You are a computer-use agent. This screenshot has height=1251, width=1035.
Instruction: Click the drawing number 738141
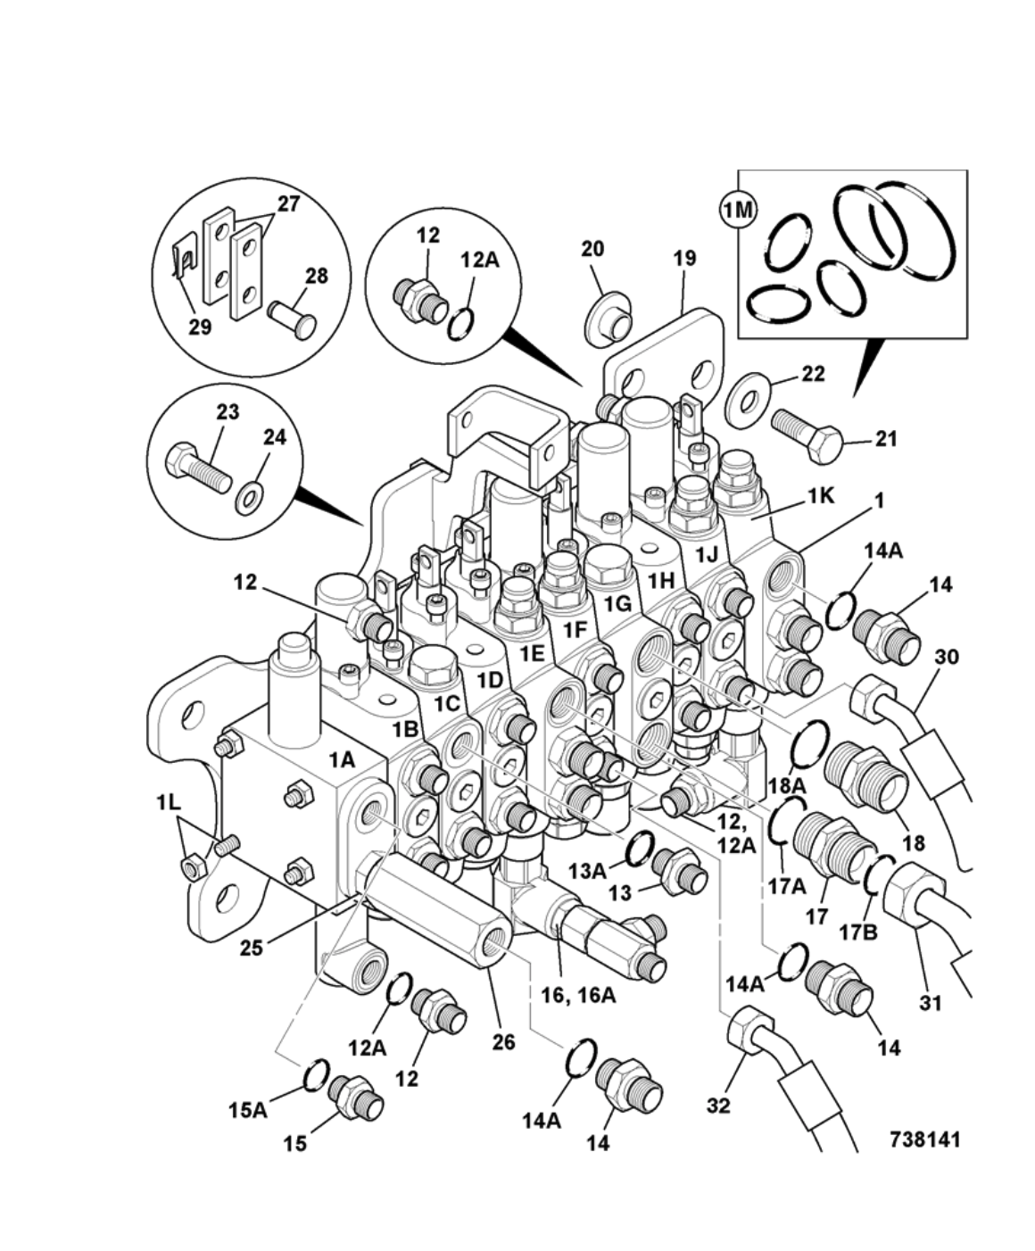point(924,1139)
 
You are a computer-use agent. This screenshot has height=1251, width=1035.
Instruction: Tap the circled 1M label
point(738,211)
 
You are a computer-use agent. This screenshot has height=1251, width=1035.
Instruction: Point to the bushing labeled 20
point(609,319)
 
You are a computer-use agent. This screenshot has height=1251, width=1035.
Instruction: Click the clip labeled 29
point(185,261)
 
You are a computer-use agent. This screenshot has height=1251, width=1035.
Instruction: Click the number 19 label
point(683,258)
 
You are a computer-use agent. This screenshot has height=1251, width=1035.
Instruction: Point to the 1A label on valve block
point(342,759)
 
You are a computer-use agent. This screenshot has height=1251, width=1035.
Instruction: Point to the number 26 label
point(503,1041)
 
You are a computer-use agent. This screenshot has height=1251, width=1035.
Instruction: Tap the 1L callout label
point(167,802)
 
